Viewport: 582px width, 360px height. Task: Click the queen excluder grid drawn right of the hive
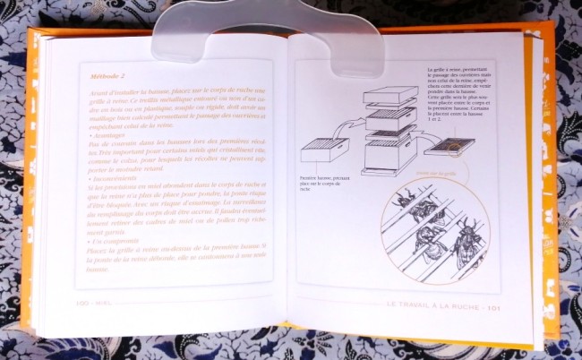469,145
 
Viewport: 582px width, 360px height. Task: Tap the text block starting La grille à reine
478,84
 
